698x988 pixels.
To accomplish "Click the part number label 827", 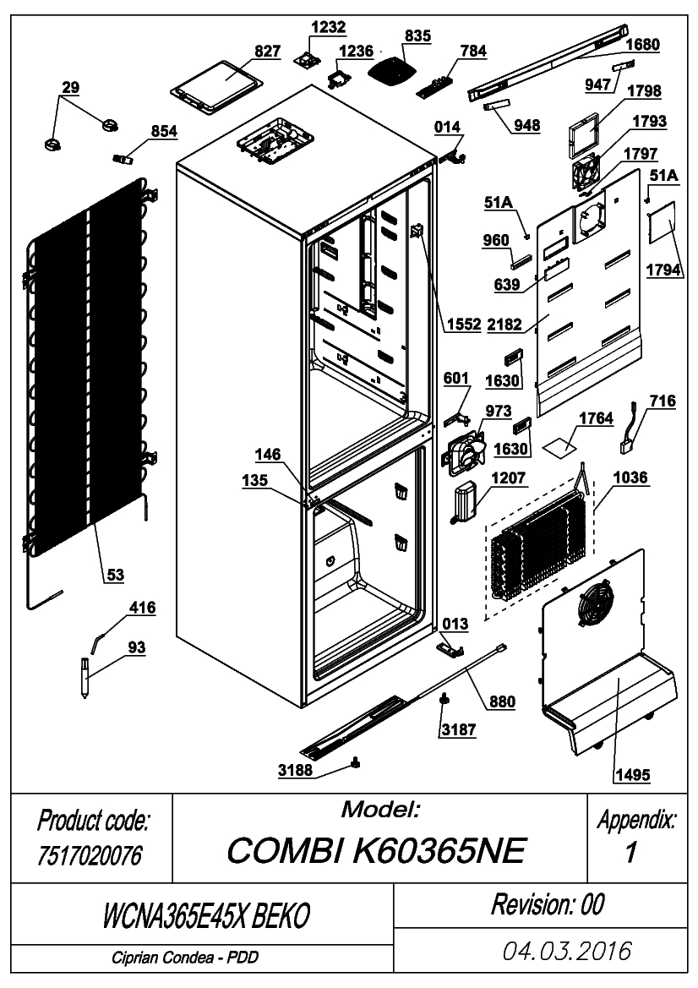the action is click(x=267, y=52).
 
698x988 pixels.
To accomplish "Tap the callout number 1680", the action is click(x=642, y=44).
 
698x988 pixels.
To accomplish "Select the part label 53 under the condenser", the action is click(x=115, y=575).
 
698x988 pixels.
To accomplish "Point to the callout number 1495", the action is click(x=632, y=774).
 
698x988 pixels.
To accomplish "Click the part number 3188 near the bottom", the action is click(x=296, y=770).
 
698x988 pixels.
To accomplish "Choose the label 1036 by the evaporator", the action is click(x=630, y=478).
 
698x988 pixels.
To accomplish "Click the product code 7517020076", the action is click(x=90, y=855).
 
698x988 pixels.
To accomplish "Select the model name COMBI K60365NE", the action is click(x=376, y=850).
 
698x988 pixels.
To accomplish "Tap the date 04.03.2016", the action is click(x=566, y=951).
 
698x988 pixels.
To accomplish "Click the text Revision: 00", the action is click(x=548, y=904).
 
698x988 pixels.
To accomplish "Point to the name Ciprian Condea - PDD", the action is click(x=185, y=958).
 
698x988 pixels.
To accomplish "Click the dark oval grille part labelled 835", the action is click(x=392, y=69).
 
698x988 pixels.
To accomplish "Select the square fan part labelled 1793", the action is click(x=589, y=172).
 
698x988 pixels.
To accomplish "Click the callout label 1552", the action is click(x=464, y=324).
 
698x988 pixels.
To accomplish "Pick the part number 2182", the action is click(x=504, y=324).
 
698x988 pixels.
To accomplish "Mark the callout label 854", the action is click(x=164, y=131).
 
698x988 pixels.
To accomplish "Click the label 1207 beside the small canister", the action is click(x=509, y=478).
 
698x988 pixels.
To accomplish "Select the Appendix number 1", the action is click(x=630, y=852).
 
